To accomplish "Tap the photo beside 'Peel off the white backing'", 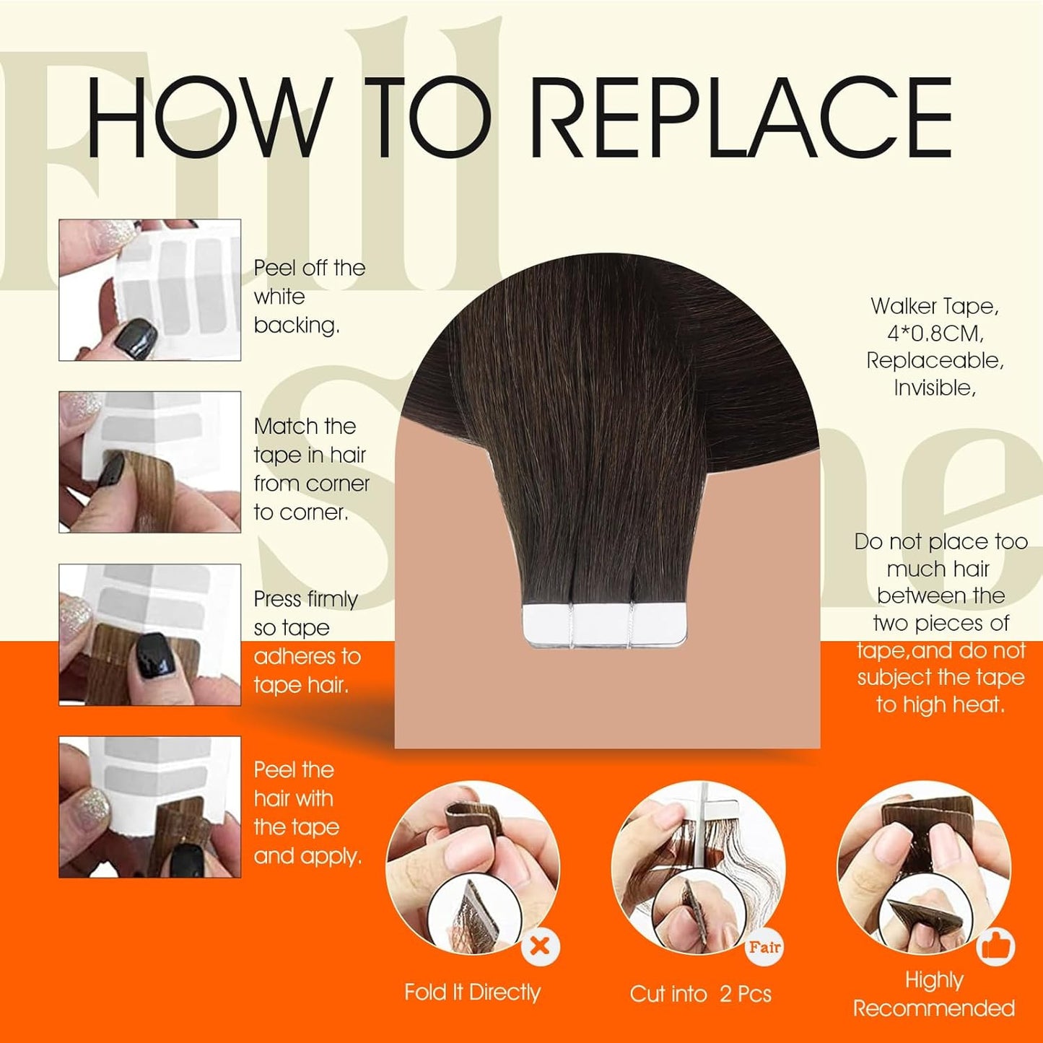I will (149, 289).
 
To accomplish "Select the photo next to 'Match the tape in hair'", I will (149, 462).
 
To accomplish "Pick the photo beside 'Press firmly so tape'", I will (149, 634).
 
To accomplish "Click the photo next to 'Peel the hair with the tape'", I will (149, 807).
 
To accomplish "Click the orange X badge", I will (540, 946).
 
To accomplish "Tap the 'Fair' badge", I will (764, 947).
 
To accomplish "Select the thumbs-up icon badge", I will (996, 947).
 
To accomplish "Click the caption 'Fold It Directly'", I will (472, 992).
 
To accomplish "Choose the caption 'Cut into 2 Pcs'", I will (700, 994).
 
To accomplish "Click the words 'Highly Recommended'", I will (934, 994).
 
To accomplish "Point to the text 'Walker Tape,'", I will (935, 306).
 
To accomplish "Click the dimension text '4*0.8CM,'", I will (935, 333).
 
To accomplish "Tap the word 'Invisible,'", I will (935, 388).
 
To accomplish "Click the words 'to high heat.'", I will (941, 704).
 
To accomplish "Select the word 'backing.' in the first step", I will (297, 326).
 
